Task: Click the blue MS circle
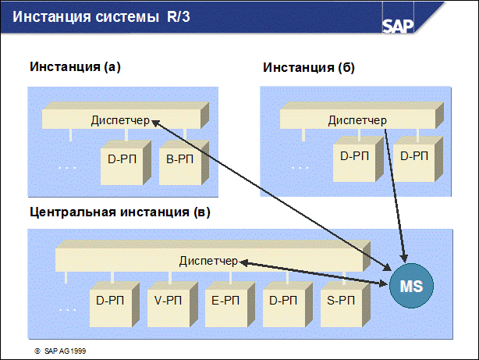tap(411, 286)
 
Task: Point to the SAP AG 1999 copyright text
tap(61, 351)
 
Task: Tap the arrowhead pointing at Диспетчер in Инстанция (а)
tap(155, 123)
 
